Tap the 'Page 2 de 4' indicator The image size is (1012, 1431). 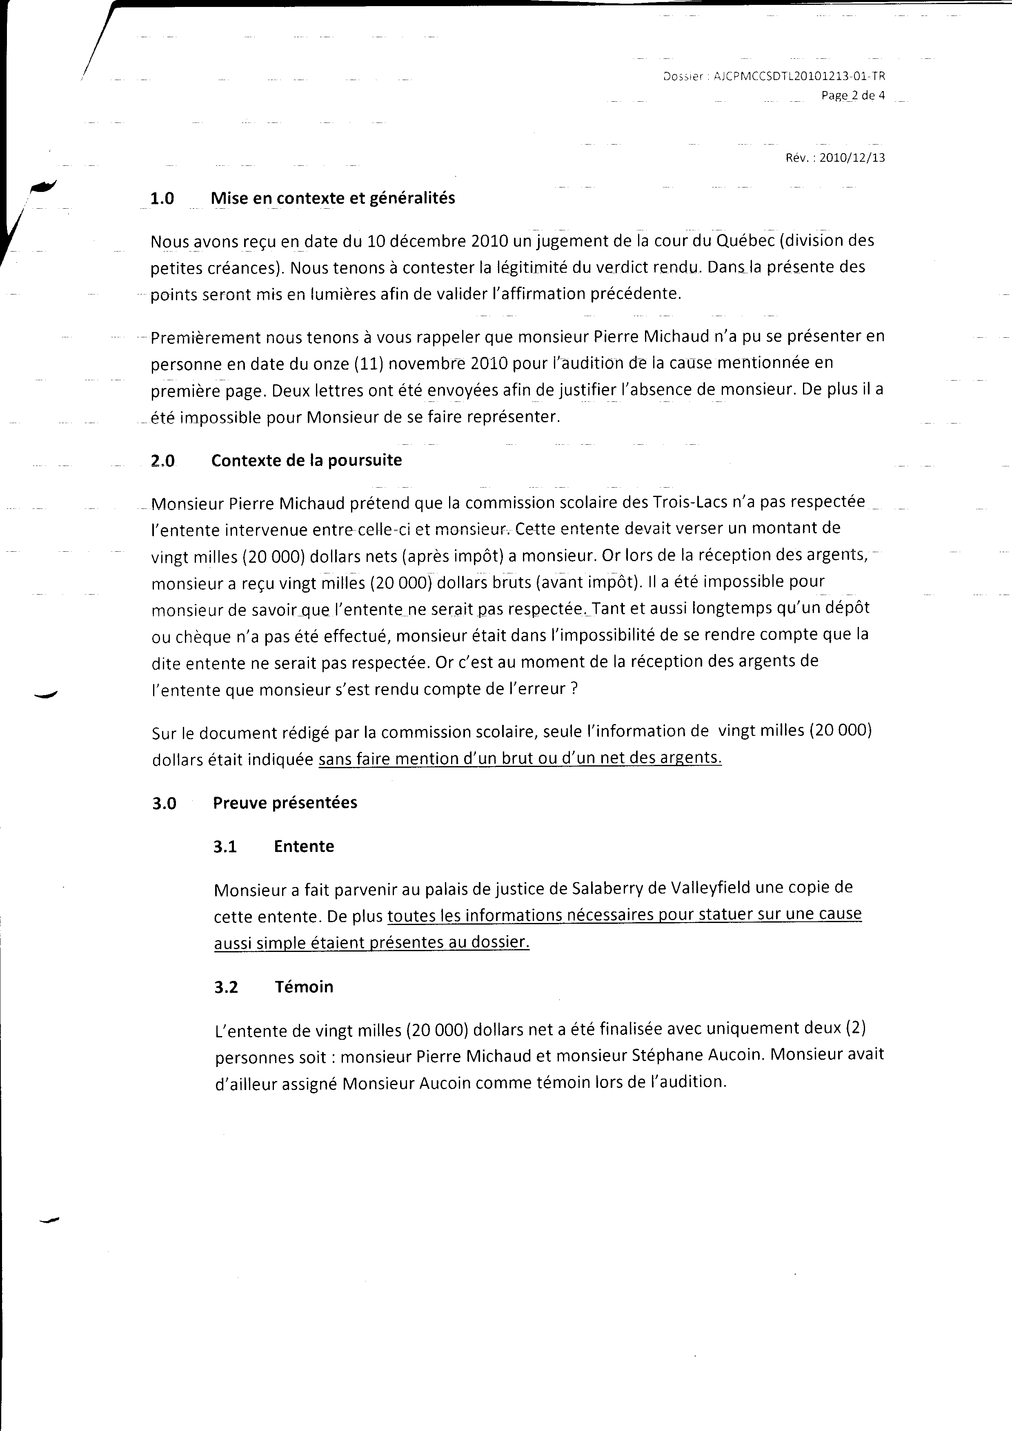click(852, 96)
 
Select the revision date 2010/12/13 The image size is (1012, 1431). click(852, 158)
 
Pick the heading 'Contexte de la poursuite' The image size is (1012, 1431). click(306, 461)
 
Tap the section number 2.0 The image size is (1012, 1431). click(162, 461)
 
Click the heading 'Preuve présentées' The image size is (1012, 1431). click(285, 803)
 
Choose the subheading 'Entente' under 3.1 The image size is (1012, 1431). click(303, 846)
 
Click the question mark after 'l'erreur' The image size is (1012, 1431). click(574, 690)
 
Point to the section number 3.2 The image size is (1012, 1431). click(226, 987)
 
